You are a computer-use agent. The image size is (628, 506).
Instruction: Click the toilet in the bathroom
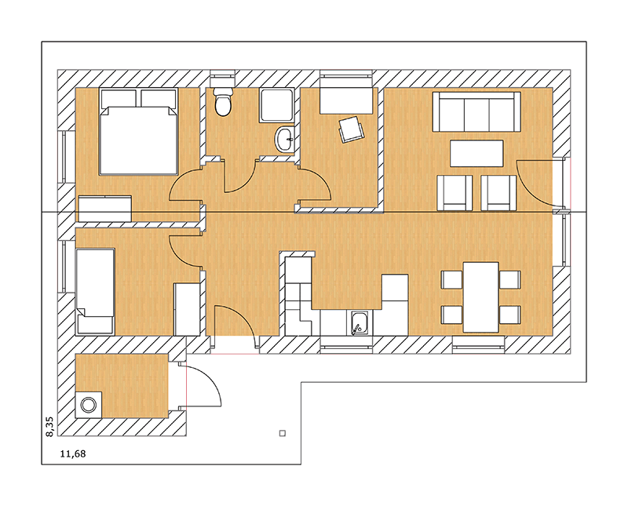[x=223, y=102]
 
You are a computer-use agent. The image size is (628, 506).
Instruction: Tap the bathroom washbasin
[x=285, y=140]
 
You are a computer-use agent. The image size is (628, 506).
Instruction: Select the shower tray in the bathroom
[x=277, y=105]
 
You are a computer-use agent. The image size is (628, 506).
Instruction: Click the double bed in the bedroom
[x=139, y=132]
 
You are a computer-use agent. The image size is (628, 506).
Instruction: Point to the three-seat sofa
[x=476, y=111]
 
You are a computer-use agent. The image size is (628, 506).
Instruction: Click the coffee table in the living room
[x=476, y=153]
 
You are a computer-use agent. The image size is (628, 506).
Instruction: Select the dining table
[x=480, y=297]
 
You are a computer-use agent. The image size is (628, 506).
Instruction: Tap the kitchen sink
[x=360, y=323]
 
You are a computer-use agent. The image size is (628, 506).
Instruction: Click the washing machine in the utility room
[x=89, y=405]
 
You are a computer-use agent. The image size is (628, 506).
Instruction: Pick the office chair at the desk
[x=351, y=129]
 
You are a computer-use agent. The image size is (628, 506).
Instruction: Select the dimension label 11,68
[x=72, y=453]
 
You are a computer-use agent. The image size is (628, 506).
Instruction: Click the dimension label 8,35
[x=49, y=427]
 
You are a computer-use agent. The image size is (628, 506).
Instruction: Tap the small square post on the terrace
[x=283, y=433]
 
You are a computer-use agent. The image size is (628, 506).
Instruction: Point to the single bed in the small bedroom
[x=95, y=291]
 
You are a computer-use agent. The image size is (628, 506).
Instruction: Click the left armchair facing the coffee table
[x=455, y=192]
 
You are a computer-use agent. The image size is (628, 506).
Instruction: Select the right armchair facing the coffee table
[x=498, y=192]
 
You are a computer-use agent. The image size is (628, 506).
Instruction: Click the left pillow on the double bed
[x=119, y=99]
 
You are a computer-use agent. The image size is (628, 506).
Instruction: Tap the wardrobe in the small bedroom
[x=187, y=309]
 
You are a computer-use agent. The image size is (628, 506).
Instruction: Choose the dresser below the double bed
[x=105, y=208]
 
